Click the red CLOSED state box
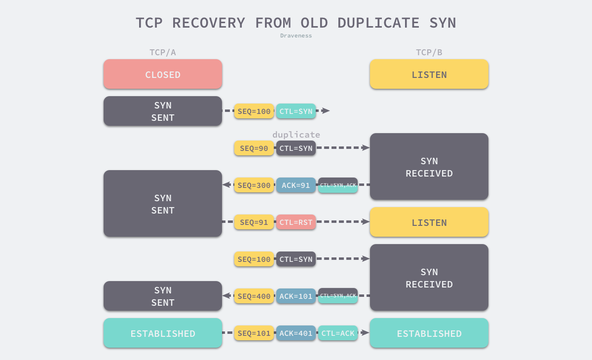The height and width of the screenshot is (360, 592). [x=163, y=74]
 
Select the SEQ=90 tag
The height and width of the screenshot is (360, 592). [x=254, y=148]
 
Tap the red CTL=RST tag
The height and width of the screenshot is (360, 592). [x=296, y=222]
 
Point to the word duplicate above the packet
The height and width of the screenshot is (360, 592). [x=296, y=135]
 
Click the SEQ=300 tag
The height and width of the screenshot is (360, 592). [x=254, y=185]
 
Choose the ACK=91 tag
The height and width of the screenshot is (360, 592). [x=296, y=185]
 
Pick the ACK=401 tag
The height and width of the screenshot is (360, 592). [x=296, y=333]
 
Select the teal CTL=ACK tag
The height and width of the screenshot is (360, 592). [x=338, y=333]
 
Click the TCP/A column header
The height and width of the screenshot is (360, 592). [x=163, y=52]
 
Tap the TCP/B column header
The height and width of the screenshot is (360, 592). [x=429, y=52]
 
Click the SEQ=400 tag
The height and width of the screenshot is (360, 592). [x=254, y=296]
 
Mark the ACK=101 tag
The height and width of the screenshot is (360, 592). [x=296, y=296]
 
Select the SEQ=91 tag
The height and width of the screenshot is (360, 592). [x=254, y=222]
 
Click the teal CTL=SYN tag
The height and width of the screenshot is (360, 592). [x=296, y=111]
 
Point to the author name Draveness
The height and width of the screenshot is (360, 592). [x=296, y=36]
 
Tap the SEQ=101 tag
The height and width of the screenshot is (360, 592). [x=254, y=333]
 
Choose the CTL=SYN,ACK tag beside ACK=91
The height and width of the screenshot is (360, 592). [x=338, y=185]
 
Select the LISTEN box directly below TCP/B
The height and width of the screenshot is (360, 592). [x=429, y=74]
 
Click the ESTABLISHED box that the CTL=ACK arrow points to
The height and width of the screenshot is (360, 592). [x=429, y=333]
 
